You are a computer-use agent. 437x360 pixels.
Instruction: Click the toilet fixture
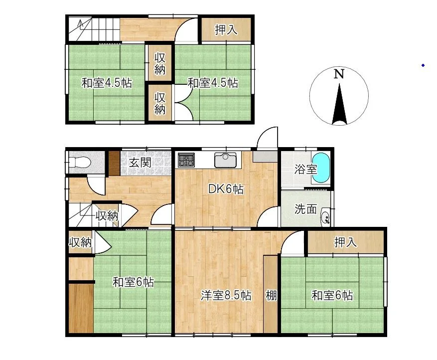pyautogui.click(x=80, y=162)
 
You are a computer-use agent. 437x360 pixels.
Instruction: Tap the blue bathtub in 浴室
pyautogui.click(x=321, y=168)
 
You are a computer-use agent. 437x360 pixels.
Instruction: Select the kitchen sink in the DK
pyautogui.click(x=225, y=160)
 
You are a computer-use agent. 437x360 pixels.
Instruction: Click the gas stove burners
pyautogui.click(x=186, y=160)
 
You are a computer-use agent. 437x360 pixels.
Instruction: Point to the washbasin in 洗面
pyautogui.click(x=325, y=216)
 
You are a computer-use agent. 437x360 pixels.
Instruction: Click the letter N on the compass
pyautogui.click(x=339, y=74)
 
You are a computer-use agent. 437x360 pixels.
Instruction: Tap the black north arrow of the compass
pyautogui.click(x=339, y=104)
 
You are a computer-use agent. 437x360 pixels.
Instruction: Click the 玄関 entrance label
pyautogui.click(x=140, y=162)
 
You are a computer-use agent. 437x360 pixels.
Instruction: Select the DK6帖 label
pyautogui.click(x=226, y=189)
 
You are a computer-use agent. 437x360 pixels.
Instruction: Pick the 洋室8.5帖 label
pyautogui.click(x=226, y=296)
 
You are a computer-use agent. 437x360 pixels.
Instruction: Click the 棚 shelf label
pyautogui.click(x=271, y=296)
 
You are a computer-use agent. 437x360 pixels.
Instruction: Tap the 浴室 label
pyautogui.click(x=305, y=169)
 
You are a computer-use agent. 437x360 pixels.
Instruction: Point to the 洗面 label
pyautogui.click(x=305, y=209)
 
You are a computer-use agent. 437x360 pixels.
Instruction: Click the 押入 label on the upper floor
pyautogui.click(x=226, y=29)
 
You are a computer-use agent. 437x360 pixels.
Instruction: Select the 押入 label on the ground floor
pyautogui.click(x=346, y=242)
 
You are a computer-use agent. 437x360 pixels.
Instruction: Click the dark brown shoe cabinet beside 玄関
pyautogui.click(x=114, y=164)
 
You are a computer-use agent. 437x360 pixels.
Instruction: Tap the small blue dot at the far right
pyautogui.click(x=423, y=65)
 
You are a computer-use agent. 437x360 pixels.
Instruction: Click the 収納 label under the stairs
pyautogui.click(x=107, y=216)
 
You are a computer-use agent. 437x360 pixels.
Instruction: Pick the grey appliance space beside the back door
pyautogui.click(x=265, y=157)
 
